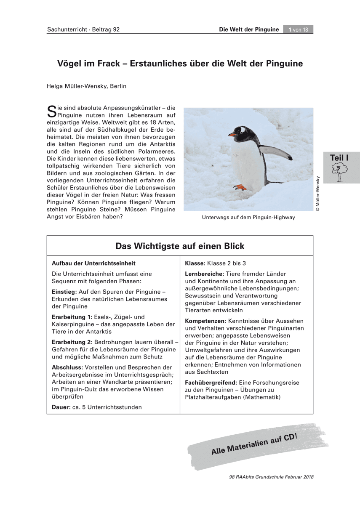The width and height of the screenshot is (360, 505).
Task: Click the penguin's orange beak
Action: click(232, 135)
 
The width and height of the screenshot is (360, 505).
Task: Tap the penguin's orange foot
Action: click(240, 187)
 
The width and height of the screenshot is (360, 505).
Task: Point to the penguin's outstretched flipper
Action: click(276, 152)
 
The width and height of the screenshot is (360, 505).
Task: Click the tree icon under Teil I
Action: click(339, 173)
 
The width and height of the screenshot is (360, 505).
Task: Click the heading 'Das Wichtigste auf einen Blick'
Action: click(180, 246)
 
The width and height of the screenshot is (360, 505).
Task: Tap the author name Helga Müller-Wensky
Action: click(87, 86)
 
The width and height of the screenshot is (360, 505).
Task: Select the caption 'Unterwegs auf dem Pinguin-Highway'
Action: click(248, 218)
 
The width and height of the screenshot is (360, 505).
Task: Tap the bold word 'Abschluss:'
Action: click(67, 367)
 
